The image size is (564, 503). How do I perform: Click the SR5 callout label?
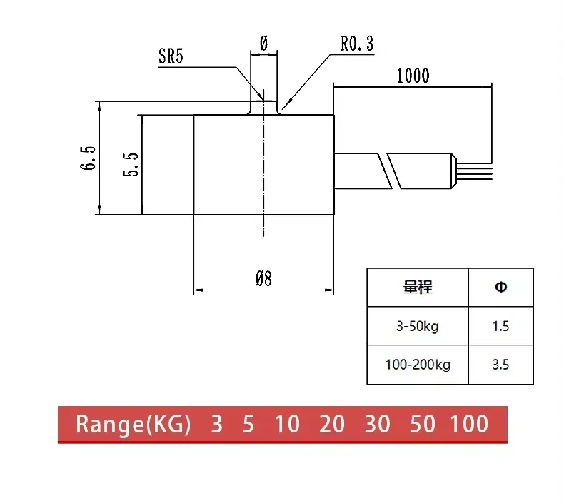pos(171,57)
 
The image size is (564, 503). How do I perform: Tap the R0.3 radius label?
pos(356,44)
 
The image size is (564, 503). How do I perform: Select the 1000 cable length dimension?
pos(413,76)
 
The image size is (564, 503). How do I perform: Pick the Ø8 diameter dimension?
pos(263,279)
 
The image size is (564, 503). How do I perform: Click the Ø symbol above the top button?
pos(263,43)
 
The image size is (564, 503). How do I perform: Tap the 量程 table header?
pos(418,288)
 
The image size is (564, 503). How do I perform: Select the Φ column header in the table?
pos(500,288)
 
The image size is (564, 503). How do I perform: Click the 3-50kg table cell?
pos(418,326)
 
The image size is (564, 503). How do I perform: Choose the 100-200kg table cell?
pos(418,365)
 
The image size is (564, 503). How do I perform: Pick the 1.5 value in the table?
pos(500,326)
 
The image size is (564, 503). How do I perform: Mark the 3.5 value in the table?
pos(500,365)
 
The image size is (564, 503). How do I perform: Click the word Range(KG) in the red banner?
pos(134,425)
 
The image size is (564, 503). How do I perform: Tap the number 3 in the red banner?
pos(216,425)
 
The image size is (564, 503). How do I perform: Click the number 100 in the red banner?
pos(469,425)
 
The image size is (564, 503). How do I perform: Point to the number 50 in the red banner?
pos(423,425)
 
